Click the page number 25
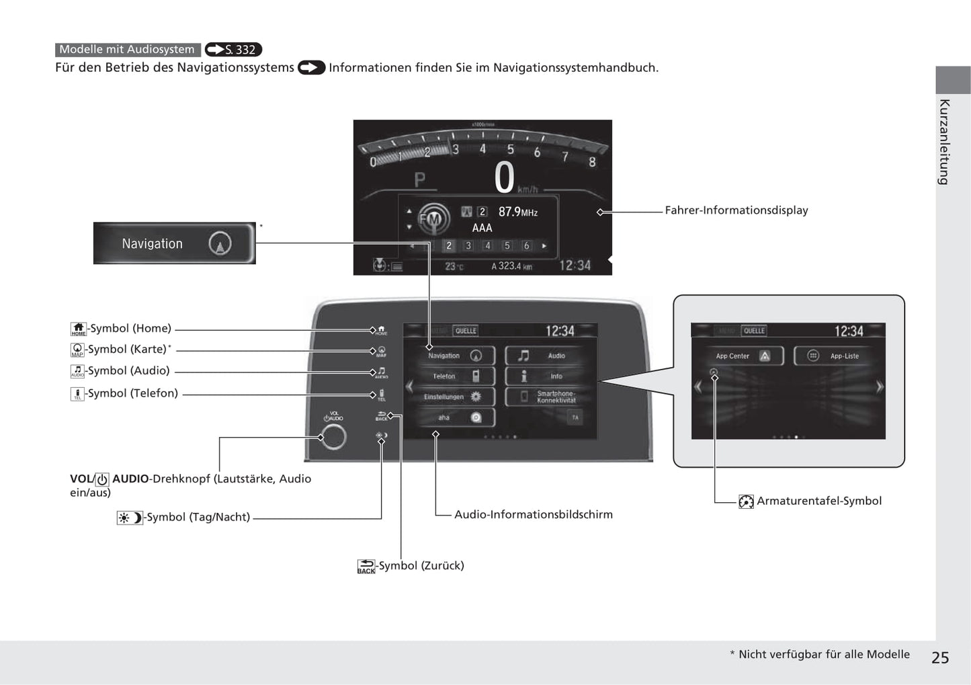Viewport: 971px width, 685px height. coord(939,657)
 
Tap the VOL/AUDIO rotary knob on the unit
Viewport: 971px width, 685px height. coord(333,437)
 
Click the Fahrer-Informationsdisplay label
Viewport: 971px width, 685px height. coord(736,210)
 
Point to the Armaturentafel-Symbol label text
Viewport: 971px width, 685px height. coord(818,501)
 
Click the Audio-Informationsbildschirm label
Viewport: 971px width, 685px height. coord(533,514)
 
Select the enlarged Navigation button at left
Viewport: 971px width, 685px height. coord(174,243)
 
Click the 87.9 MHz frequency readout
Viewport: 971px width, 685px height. coord(517,212)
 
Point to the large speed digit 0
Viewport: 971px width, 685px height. coord(504,177)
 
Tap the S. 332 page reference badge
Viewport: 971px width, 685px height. coord(233,50)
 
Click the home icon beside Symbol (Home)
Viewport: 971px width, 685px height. coord(79,329)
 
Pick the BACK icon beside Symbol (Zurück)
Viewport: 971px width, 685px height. coord(366,566)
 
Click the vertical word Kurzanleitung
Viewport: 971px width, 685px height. coord(944,142)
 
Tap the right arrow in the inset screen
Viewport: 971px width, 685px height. coord(879,387)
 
